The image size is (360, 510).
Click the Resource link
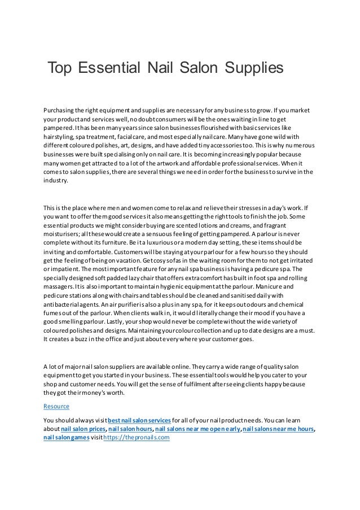pos(56,406)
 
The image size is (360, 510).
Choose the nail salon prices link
pos(84,429)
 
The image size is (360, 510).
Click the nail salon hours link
pos(130,429)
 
